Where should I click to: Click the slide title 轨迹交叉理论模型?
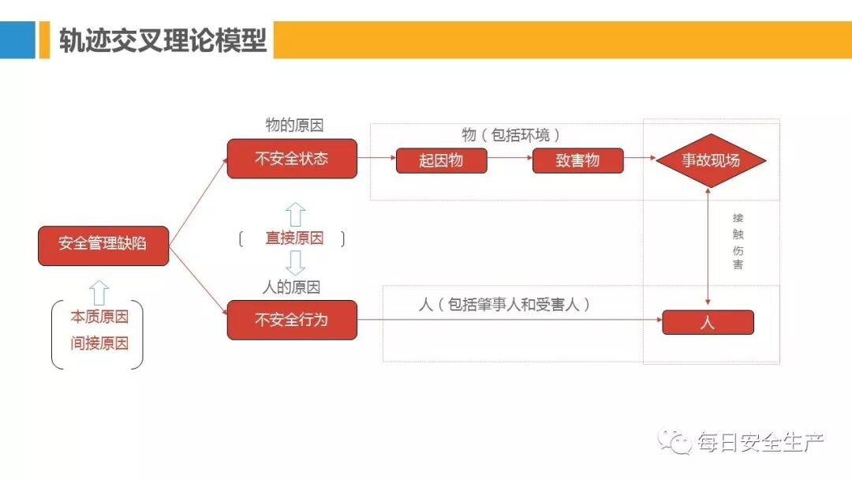point(163,39)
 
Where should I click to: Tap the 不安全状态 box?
point(292,159)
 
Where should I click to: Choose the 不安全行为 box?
point(292,320)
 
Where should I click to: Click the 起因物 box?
point(441,161)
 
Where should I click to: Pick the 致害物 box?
point(577,161)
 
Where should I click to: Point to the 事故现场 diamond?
point(712,160)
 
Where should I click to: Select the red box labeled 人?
point(708,322)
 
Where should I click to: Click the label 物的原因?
point(294,126)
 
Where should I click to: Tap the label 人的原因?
point(291,287)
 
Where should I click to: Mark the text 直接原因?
point(294,238)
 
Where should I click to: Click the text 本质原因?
point(99,317)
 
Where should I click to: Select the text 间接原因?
point(99,343)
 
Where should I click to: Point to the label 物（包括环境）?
point(510,135)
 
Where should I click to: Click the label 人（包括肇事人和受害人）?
point(504,304)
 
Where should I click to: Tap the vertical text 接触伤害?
point(738,241)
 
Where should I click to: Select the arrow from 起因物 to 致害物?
point(510,158)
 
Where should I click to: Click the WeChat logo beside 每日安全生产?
point(676,442)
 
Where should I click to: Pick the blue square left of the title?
point(17,39)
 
